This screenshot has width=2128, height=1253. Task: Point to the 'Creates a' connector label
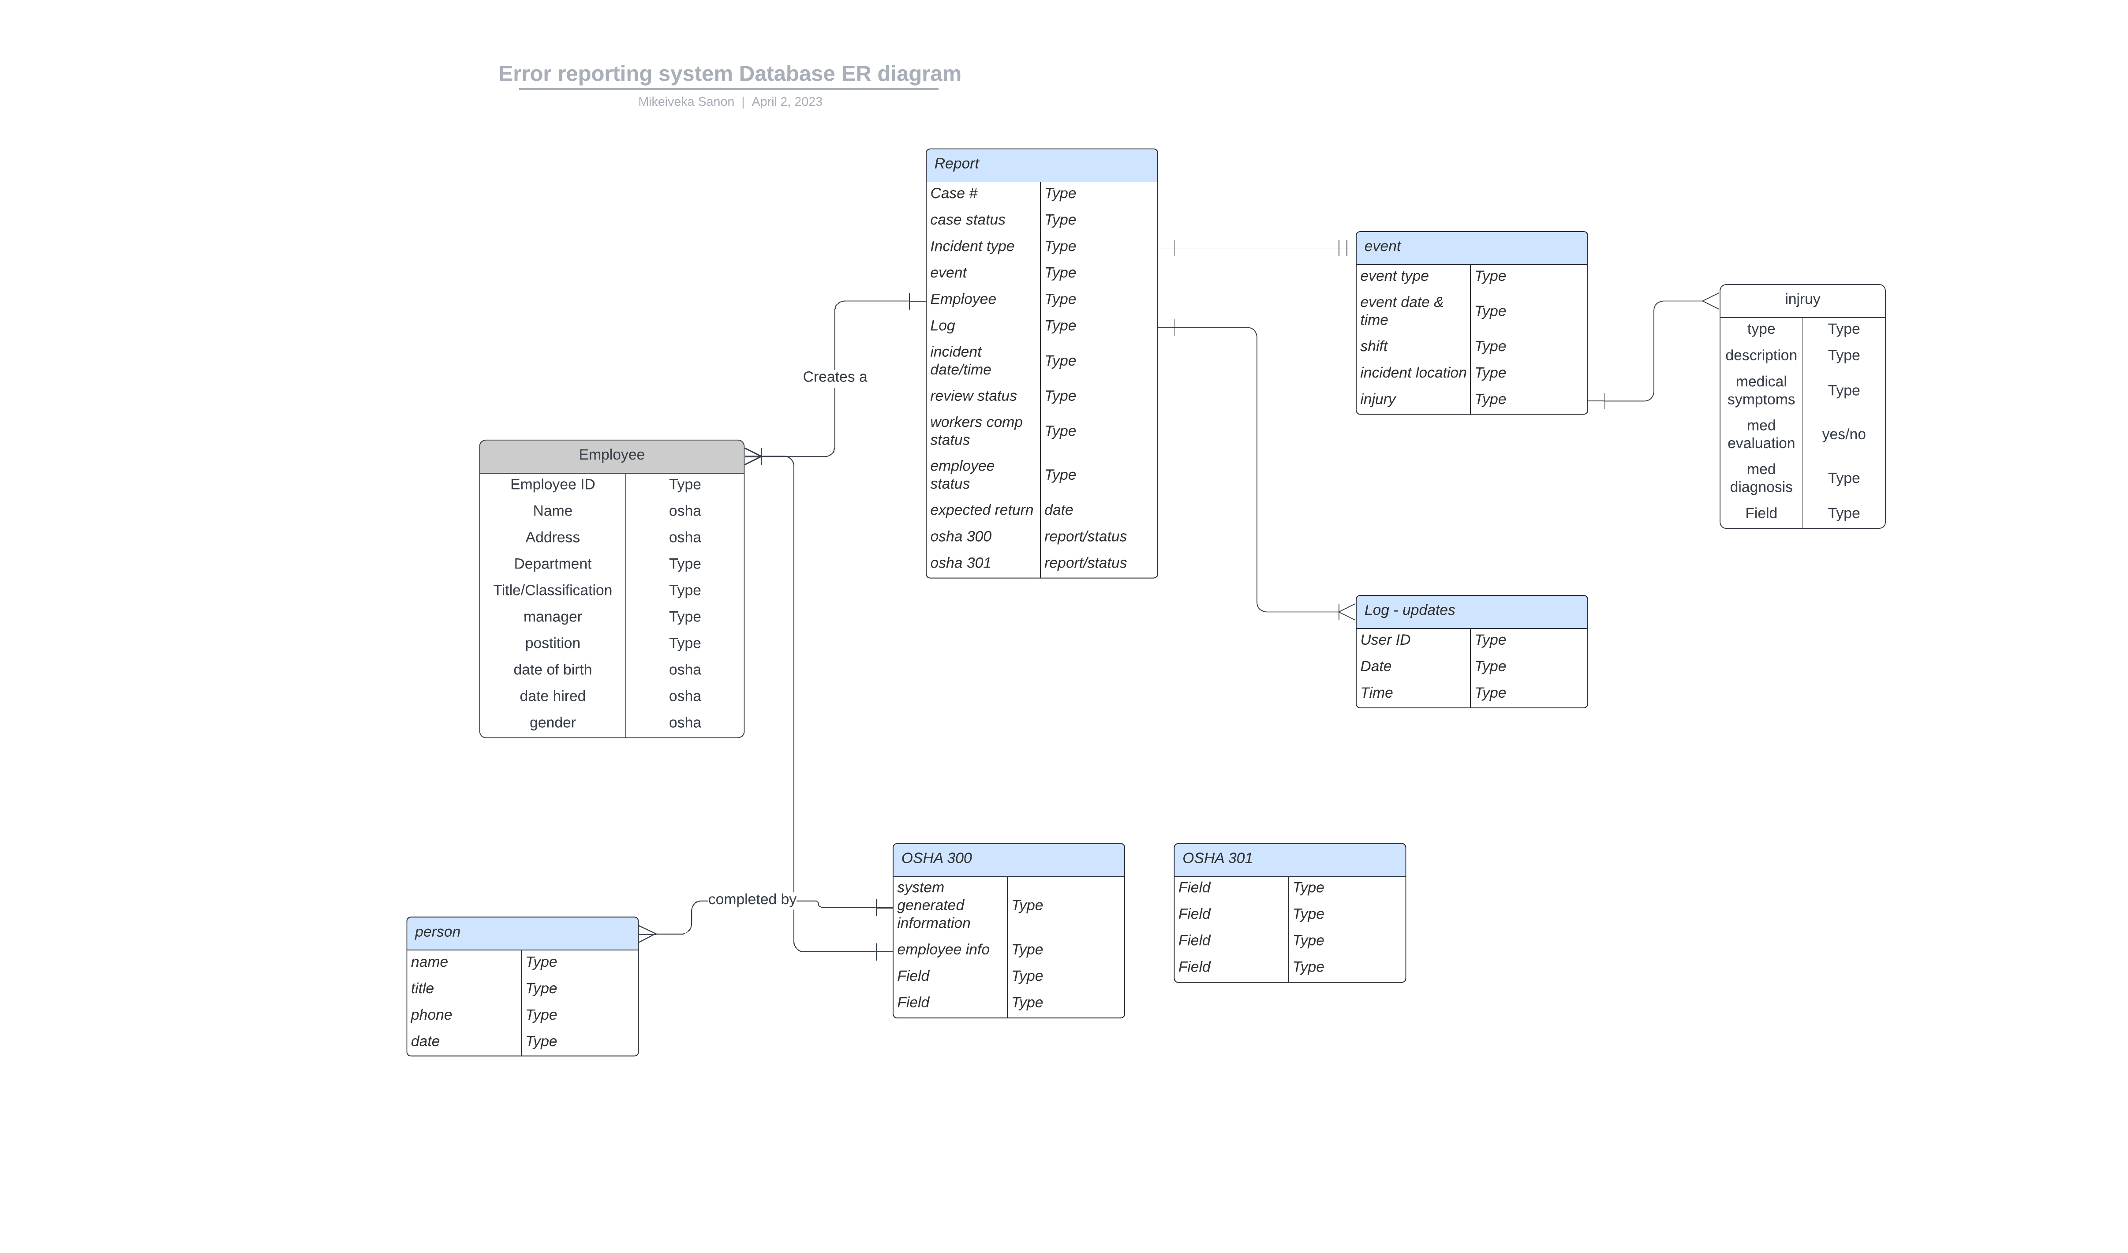click(834, 377)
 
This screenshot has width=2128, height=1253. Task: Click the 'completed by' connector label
click(752, 899)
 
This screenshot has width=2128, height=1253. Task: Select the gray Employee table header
click(611, 455)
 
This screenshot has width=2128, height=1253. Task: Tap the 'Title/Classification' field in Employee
click(552, 590)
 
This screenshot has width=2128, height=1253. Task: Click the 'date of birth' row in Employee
click(552, 670)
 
